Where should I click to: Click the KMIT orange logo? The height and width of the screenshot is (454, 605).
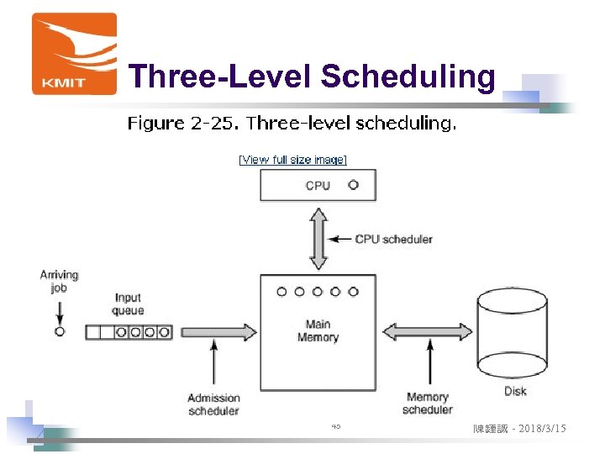coord(74,53)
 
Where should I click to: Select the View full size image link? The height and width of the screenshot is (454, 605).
coord(292,160)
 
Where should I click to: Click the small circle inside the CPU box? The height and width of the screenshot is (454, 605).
coord(353,185)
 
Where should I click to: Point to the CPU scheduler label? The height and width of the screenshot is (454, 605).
coord(393,239)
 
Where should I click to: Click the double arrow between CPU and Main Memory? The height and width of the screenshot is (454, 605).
coord(318,238)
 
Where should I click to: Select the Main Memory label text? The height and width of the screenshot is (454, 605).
coord(318,330)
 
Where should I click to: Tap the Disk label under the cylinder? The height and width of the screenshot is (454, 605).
coord(515,391)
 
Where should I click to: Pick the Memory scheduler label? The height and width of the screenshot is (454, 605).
coord(428,404)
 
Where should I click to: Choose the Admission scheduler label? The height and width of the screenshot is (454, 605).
coord(213,404)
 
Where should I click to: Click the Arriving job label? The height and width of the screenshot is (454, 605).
coord(59,281)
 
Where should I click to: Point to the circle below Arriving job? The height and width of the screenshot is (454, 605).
coord(59,332)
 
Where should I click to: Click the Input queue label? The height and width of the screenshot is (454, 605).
coord(129,304)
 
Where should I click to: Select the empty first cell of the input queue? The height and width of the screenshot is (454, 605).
coord(93,332)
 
